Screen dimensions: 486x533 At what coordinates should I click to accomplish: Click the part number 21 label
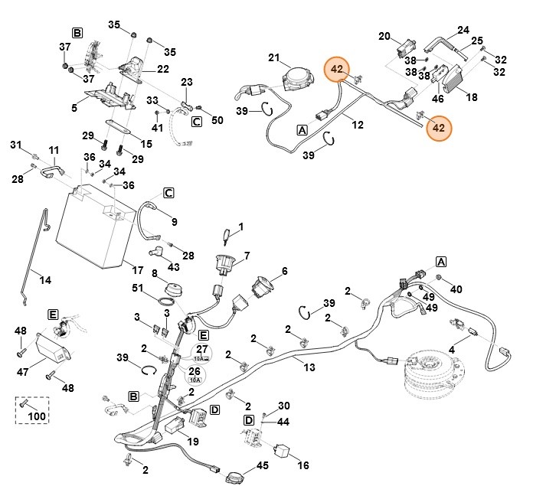274,58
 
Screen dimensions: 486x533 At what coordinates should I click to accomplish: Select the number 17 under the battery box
137,269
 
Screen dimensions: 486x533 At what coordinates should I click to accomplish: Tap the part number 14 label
45,280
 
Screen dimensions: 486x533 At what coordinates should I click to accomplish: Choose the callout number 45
262,465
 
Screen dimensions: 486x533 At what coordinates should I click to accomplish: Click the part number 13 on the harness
309,368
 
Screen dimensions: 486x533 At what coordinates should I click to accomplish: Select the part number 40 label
457,289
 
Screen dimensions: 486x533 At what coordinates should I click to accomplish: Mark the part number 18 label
472,98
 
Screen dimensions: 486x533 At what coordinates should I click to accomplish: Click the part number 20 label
384,35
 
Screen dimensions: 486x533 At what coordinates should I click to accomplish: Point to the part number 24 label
463,31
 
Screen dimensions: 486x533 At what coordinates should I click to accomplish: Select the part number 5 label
74,108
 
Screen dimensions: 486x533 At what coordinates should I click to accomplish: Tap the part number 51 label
139,288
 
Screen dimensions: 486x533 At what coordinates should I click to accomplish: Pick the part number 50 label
217,121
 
